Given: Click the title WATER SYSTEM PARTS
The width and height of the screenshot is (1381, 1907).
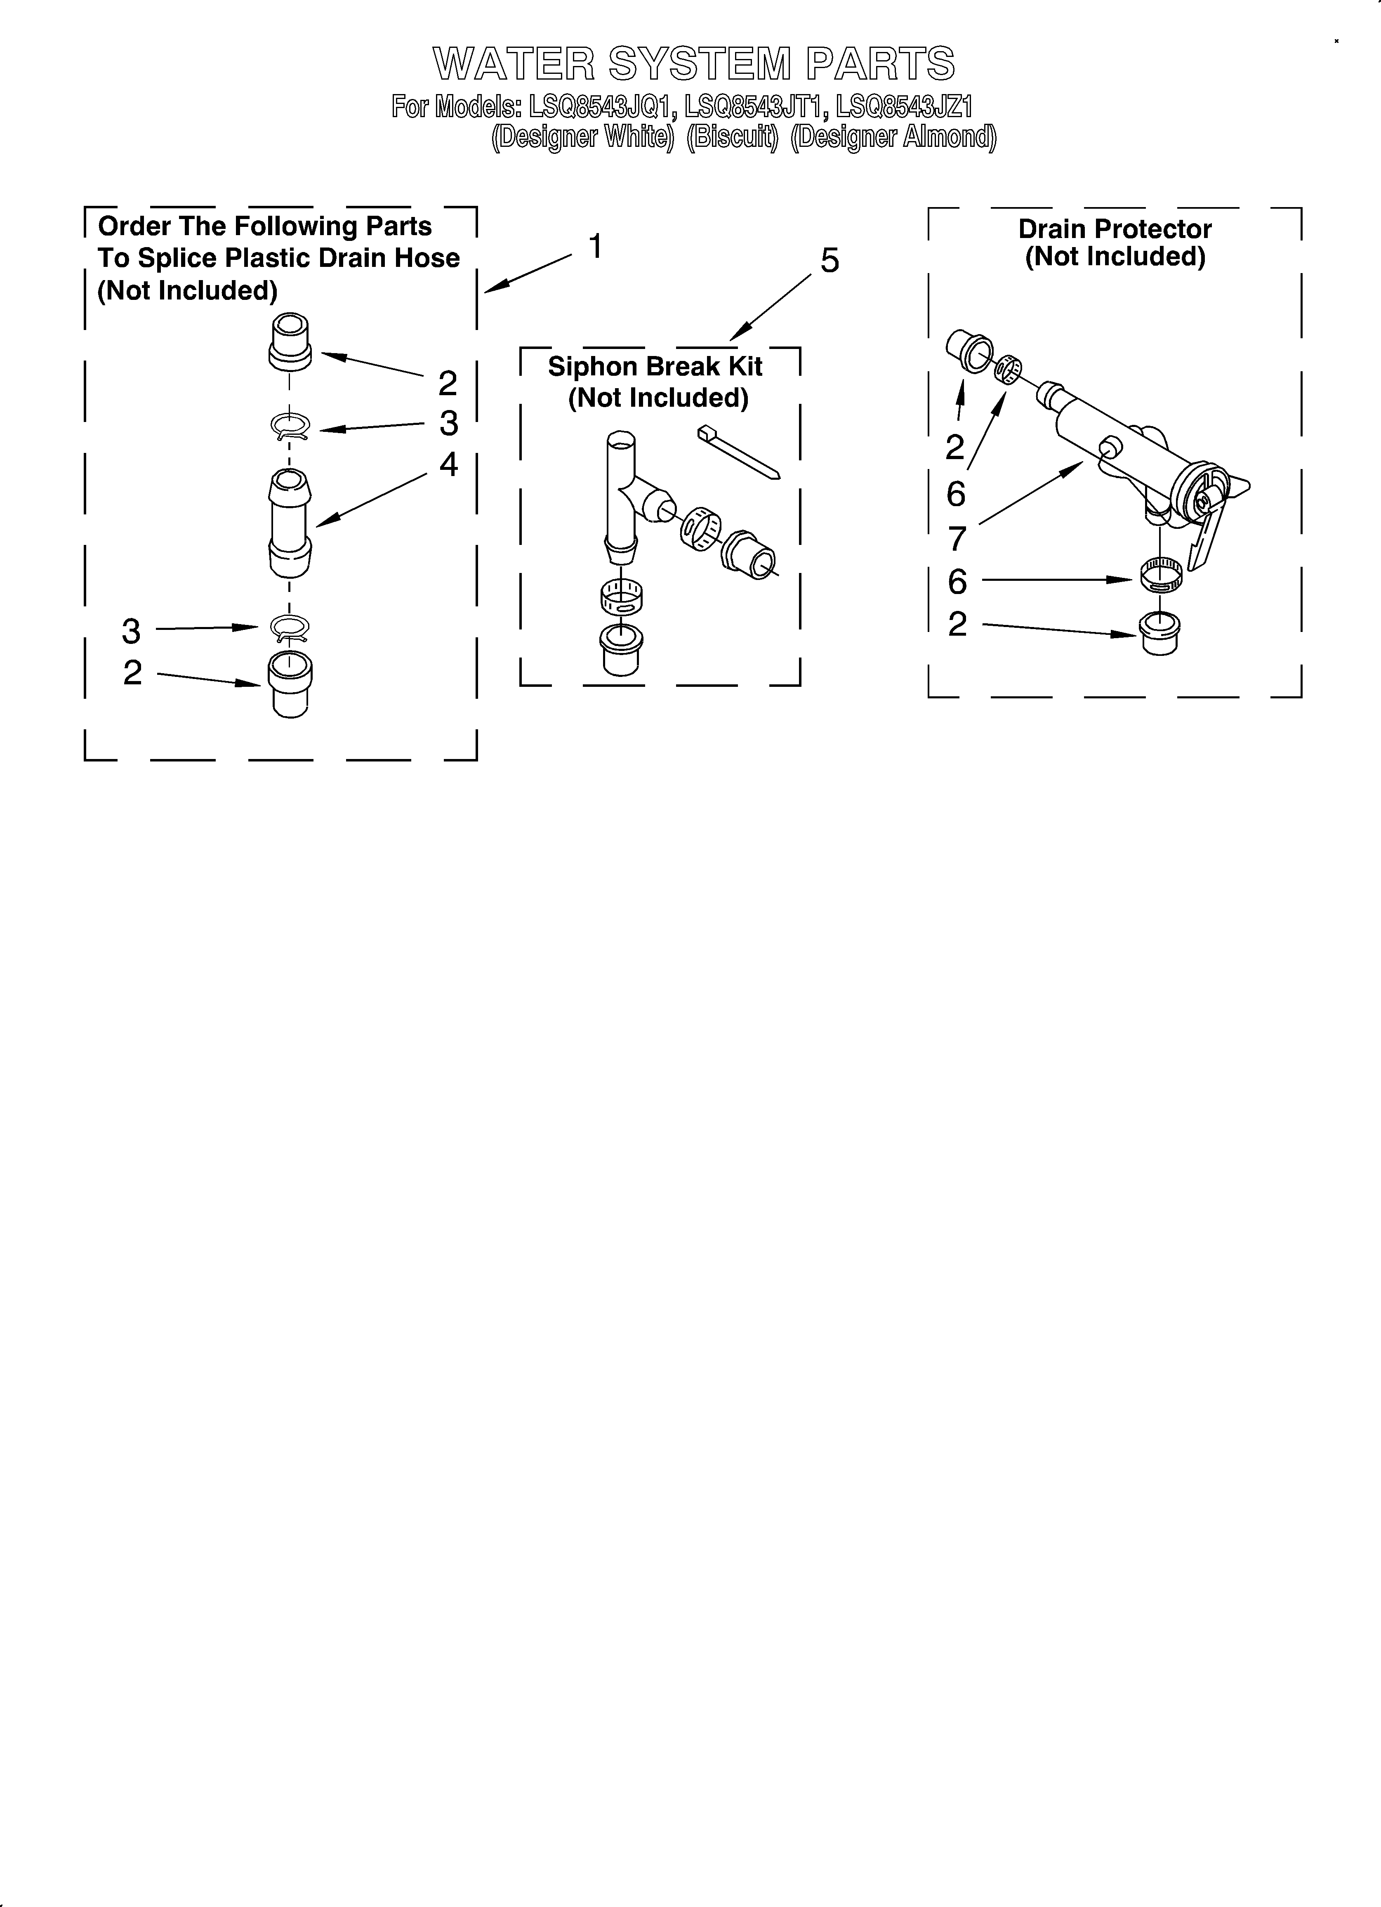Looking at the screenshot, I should pos(694,64).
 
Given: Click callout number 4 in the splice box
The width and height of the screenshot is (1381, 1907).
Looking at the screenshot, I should pos(448,464).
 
